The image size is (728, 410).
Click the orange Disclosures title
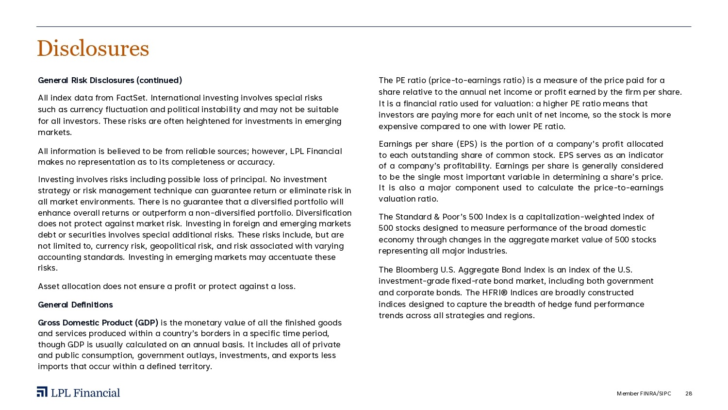click(x=93, y=49)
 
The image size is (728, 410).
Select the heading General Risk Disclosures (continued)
click(x=110, y=80)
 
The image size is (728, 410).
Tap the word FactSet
click(x=132, y=98)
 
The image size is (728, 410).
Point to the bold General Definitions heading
click(x=75, y=305)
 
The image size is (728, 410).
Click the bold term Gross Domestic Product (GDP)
click(x=98, y=323)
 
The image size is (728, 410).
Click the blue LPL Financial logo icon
click(x=42, y=392)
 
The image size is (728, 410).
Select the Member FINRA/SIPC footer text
click(x=644, y=393)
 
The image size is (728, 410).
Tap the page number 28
click(x=689, y=393)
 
